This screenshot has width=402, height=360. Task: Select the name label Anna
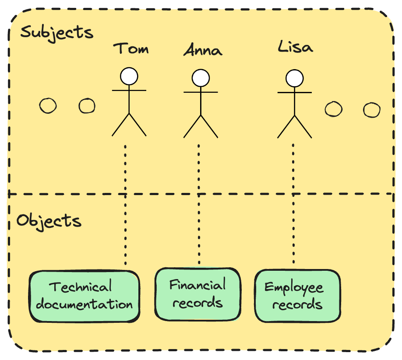[x=202, y=50]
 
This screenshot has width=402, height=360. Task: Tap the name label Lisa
[x=296, y=47]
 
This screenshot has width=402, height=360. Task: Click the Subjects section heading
[x=57, y=33]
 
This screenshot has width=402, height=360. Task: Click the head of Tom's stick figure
[x=129, y=76]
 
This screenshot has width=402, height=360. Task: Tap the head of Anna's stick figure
[x=201, y=78]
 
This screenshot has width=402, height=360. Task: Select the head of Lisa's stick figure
[x=294, y=79]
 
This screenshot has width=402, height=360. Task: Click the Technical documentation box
[x=84, y=296]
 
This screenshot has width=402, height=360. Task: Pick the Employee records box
[x=297, y=296]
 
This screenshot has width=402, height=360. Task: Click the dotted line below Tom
[x=126, y=206]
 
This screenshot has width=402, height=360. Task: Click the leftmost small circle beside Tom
[x=48, y=105]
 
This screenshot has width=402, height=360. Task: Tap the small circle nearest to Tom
[x=87, y=105]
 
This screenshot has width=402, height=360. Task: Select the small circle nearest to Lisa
[x=334, y=109]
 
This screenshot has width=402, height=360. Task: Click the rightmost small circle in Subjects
[x=372, y=110]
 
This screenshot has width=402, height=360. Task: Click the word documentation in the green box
[x=84, y=304]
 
